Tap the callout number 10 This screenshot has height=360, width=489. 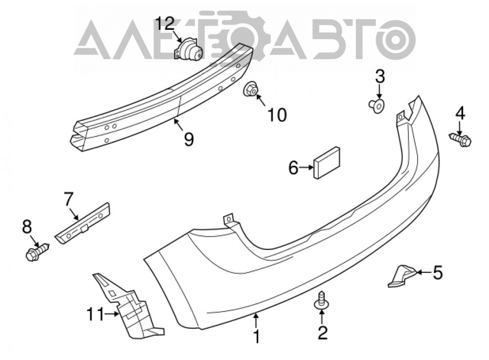(277, 115)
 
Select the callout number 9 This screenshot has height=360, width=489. (188, 139)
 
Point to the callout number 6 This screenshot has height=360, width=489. (293, 168)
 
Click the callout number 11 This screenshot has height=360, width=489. (95, 314)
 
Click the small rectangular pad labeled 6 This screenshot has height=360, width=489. (327, 162)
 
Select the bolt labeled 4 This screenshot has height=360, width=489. (460, 139)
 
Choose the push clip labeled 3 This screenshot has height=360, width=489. (377, 106)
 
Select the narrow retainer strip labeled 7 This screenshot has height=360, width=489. (83, 223)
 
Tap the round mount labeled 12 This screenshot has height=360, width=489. (188, 48)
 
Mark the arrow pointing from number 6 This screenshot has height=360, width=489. (306, 168)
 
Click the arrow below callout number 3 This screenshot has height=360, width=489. (379, 92)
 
